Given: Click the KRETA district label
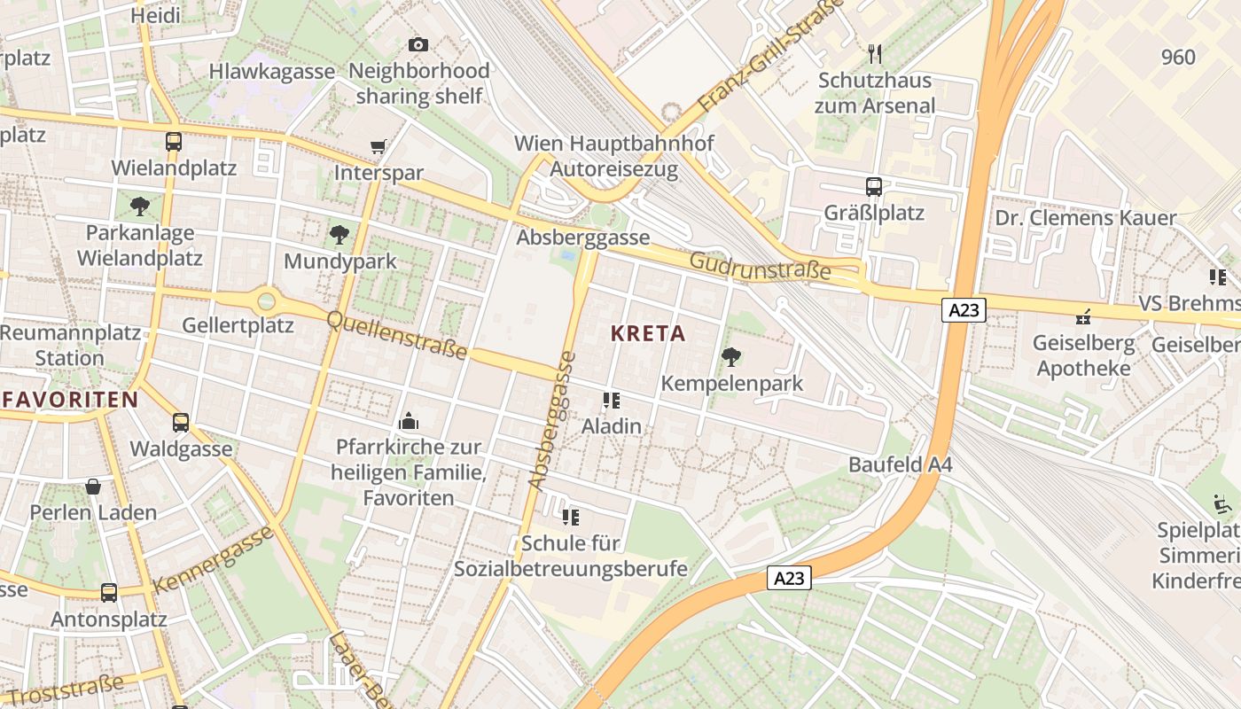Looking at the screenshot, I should point(648,334).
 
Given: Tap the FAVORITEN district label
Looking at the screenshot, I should point(70,400).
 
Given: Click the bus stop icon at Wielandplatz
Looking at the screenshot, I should point(174,142).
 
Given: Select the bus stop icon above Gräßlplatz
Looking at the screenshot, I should point(874,187).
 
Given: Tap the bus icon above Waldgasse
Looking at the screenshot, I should point(181,423).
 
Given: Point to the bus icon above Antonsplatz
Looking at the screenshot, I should point(109,592).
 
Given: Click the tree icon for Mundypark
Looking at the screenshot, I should point(339,235).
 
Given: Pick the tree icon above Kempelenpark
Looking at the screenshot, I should point(731,357).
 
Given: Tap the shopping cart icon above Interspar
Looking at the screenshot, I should point(379,146).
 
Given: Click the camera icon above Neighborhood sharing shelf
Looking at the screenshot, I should point(418,44).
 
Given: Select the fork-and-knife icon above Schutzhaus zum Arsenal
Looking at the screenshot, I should point(875,54).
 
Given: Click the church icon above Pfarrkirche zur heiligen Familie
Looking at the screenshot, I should point(409,420).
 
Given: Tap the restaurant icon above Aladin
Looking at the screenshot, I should point(611,401).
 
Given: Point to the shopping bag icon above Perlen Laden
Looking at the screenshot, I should point(93,487).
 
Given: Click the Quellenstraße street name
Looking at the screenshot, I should point(397,335).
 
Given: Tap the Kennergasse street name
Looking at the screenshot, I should point(214,559).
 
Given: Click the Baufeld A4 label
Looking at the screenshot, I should point(900,464).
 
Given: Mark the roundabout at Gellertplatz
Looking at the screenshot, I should point(266,301).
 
